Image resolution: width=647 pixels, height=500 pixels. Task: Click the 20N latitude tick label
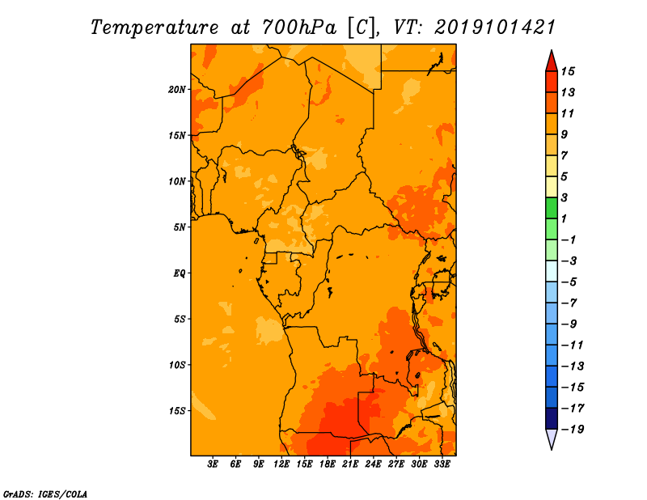(x=177, y=90)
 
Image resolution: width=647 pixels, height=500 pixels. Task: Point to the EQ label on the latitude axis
(x=180, y=273)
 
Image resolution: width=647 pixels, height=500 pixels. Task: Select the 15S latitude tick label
(x=177, y=411)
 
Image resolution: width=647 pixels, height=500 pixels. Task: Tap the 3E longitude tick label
(x=213, y=464)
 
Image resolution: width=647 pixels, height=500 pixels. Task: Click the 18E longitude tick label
(x=328, y=464)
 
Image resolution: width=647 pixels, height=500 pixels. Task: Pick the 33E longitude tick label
(x=442, y=464)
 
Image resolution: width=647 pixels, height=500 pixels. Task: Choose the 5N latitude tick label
(x=180, y=227)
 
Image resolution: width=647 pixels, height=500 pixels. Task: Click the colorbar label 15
(x=568, y=71)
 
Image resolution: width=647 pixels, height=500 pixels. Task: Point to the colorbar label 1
(x=564, y=218)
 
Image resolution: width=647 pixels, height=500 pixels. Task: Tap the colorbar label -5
(x=569, y=282)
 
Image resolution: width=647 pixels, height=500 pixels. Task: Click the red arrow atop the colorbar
(x=552, y=61)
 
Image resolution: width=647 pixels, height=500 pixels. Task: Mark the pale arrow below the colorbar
(x=552, y=439)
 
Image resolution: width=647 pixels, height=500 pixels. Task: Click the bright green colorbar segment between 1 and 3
(x=552, y=208)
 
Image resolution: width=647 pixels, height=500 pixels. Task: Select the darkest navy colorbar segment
(x=552, y=418)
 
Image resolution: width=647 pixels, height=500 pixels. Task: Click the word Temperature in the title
(x=154, y=28)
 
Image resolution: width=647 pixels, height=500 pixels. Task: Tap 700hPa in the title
(x=299, y=28)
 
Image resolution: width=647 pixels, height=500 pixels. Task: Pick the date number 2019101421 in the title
(x=495, y=28)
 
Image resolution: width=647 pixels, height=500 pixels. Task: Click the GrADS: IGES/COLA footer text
(x=45, y=494)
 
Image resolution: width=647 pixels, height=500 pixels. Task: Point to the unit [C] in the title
(x=362, y=28)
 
